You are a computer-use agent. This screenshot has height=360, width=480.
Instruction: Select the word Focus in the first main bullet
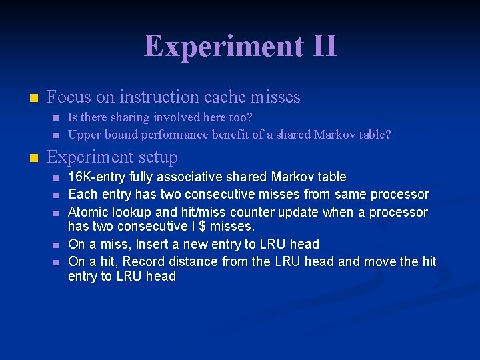point(69,97)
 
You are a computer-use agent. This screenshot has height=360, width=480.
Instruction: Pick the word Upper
point(85,135)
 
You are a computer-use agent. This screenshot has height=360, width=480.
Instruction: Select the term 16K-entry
point(97,177)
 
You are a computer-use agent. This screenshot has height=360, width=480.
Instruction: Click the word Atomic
point(90,212)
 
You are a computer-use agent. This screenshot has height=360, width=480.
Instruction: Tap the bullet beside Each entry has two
point(55,195)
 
